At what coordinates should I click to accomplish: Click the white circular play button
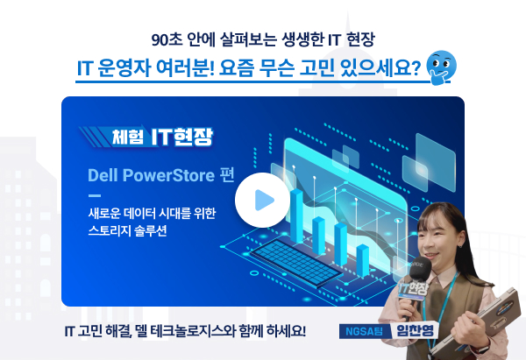click(262, 200)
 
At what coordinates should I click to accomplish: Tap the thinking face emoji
click(441, 67)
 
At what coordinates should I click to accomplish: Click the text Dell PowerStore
click(151, 175)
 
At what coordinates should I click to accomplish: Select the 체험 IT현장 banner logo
click(146, 137)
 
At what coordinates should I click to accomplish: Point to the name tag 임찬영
click(415, 331)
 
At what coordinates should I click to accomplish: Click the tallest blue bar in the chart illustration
click(296, 215)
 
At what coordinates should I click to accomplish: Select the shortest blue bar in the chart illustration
click(363, 260)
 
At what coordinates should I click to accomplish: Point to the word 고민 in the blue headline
click(316, 67)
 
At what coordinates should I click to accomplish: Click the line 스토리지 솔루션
click(127, 230)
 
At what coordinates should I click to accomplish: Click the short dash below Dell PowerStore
click(95, 195)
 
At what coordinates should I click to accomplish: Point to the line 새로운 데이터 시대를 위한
click(152, 213)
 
